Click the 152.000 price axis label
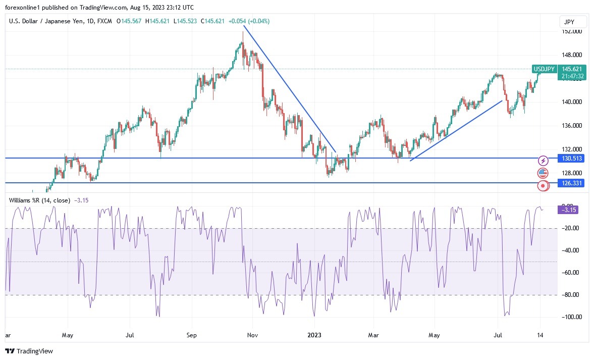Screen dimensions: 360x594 [x=571, y=31]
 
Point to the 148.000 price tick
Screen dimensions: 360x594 [x=571, y=55]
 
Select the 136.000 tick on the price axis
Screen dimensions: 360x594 [x=571, y=126]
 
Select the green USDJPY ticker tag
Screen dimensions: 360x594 [x=544, y=69]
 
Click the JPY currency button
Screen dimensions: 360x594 [x=573, y=22]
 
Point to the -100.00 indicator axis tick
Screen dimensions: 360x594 [x=571, y=317]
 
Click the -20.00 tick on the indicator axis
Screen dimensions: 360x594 [x=571, y=228]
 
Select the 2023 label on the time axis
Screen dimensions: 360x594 [x=314, y=335]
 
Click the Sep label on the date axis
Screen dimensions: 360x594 [x=191, y=335]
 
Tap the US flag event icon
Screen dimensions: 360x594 [x=543, y=173]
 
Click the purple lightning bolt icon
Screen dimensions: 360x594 [x=543, y=161]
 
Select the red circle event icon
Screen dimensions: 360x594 [x=543, y=186]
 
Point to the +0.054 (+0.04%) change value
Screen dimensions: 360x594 [x=249, y=21]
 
